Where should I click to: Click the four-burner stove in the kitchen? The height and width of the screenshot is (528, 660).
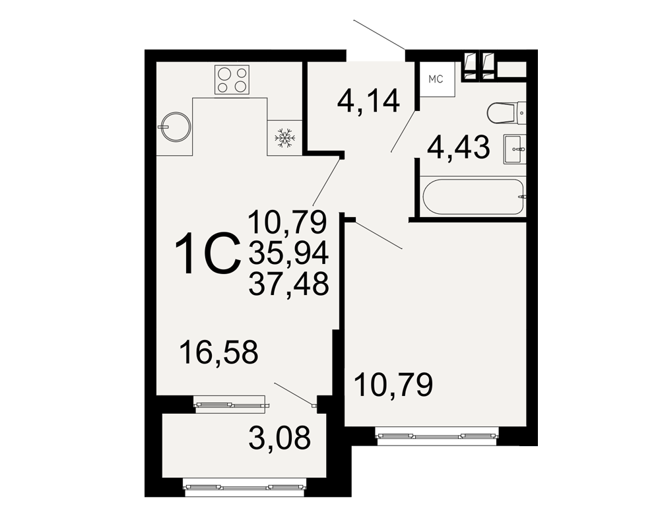[232, 80]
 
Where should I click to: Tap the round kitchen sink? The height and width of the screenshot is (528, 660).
[175, 126]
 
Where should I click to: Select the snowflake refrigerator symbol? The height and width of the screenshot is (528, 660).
[285, 137]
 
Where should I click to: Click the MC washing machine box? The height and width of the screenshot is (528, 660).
[436, 79]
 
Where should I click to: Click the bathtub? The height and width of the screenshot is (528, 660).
[473, 197]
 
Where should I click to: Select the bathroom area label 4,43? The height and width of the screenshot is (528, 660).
[459, 147]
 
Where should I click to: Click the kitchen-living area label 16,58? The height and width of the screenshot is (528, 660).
[218, 352]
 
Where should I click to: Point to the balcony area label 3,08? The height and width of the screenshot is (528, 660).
[279, 438]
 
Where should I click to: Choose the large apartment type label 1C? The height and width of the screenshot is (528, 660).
[207, 254]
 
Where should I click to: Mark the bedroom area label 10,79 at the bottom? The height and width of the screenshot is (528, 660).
[393, 384]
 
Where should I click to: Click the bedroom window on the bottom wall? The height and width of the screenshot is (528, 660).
[437, 436]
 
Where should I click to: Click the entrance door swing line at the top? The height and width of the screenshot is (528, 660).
[379, 34]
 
